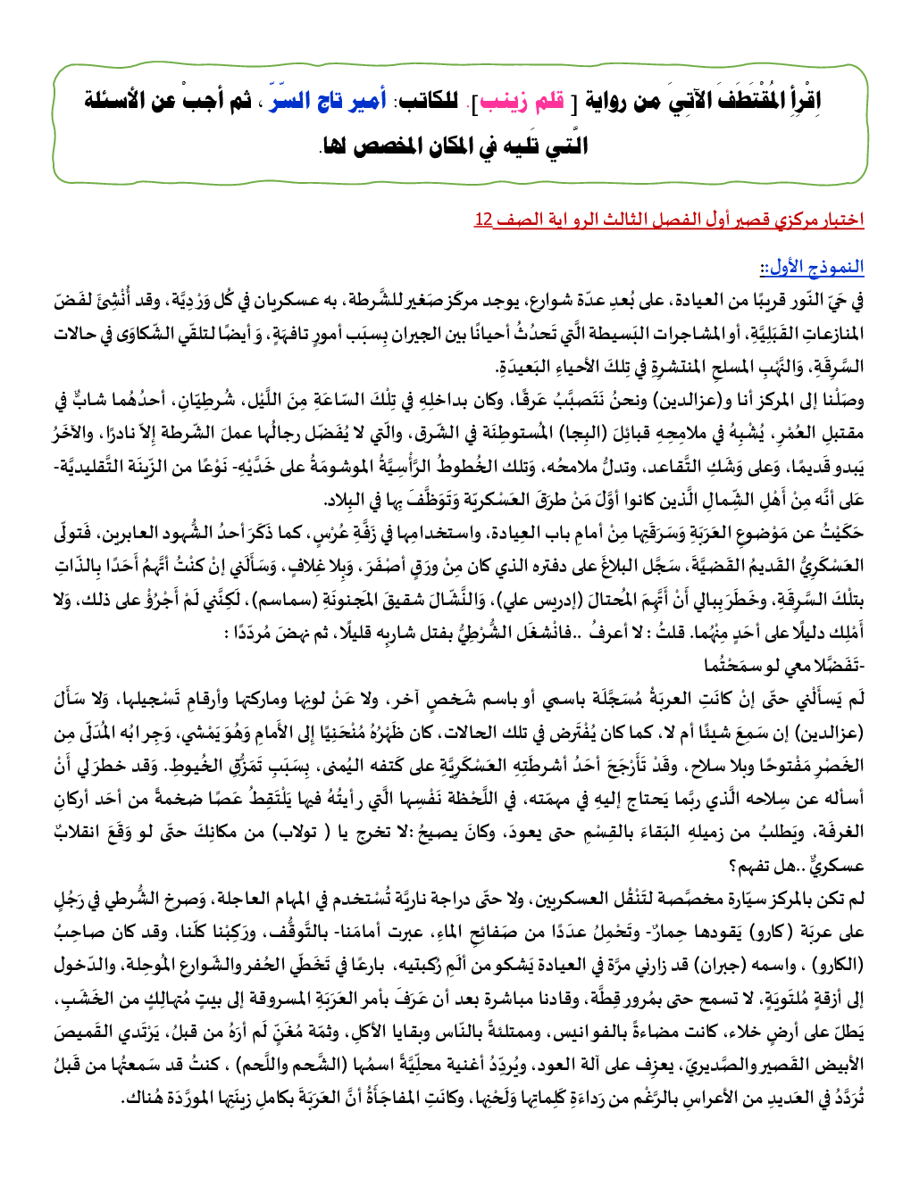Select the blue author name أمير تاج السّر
[331, 101]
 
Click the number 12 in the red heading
[483, 220]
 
